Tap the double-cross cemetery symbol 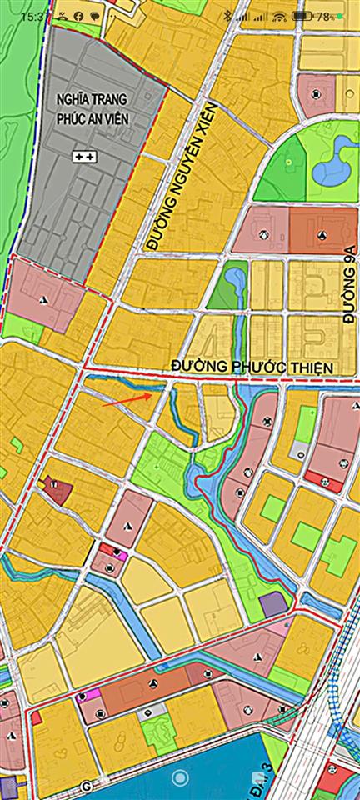(x=84, y=156)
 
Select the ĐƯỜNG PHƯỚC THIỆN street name (x=252, y=367)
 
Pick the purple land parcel (x=272, y=605)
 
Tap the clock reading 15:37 (x=34, y=16)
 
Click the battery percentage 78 (x=323, y=16)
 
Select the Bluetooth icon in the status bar (x=227, y=16)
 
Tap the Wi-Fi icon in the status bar (x=278, y=16)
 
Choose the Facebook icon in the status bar (x=77, y=16)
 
